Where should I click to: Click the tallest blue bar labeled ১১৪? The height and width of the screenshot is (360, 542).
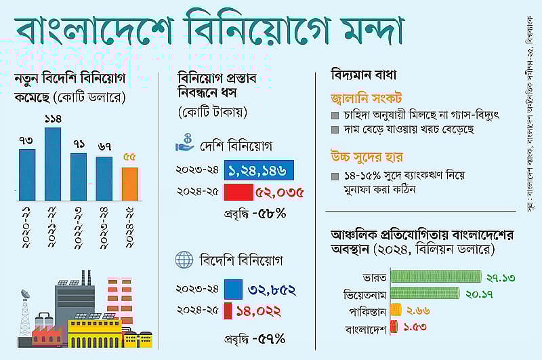click(53, 163)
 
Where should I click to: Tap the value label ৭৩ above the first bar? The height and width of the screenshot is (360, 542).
click(26, 140)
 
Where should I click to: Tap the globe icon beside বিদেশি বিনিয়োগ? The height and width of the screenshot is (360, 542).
click(184, 260)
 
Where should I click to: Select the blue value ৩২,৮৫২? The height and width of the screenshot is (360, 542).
click(272, 289)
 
